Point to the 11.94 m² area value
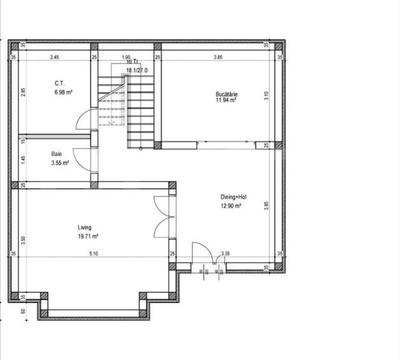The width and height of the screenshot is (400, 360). tap(226, 100)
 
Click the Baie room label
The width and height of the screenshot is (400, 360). tap(56, 154)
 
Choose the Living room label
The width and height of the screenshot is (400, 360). tap(84, 227)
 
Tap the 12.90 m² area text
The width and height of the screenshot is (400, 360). tap(231, 206)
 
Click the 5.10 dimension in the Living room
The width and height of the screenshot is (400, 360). tap(93, 254)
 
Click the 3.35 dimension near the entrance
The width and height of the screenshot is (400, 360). tap(225, 254)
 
